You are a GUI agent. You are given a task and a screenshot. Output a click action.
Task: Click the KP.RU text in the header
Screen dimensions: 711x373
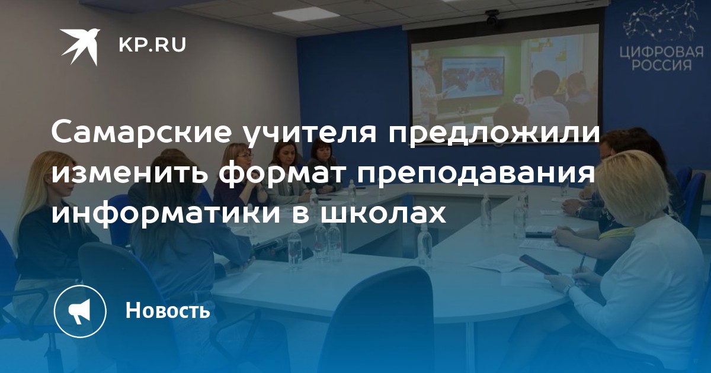tap(152, 45)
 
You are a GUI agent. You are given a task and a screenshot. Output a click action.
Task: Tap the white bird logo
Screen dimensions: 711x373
tap(81, 46)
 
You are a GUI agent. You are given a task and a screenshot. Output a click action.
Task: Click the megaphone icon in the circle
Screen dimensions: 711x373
tap(80, 310)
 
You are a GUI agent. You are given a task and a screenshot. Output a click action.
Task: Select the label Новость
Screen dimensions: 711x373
tap(168, 310)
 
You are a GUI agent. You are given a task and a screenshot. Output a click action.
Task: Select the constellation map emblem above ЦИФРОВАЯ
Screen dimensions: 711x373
tap(659, 23)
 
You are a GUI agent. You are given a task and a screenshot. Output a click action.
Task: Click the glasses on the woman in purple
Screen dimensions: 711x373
tap(245, 156)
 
